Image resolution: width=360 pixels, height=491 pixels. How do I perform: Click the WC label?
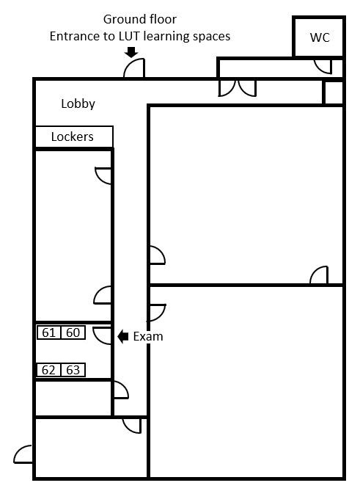[320, 37]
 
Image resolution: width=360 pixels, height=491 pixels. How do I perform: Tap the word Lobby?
[78, 104]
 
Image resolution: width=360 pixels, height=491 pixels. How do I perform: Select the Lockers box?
[73, 137]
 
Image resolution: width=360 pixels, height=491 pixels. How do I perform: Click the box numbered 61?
[49, 332]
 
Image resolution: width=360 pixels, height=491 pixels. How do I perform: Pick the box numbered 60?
[73, 332]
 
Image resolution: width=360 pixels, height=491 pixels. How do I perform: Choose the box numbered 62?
[49, 370]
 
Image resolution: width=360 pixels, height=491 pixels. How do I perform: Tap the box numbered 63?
[73, 370]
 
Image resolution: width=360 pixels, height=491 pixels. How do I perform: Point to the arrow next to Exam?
[122, 337]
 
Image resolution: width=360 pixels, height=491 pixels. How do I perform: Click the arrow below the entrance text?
[131, 52]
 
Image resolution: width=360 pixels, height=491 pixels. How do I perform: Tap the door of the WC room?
[322, 66]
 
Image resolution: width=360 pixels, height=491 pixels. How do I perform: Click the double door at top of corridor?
[238, 87]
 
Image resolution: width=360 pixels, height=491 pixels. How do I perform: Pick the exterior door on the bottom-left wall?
[24, 454]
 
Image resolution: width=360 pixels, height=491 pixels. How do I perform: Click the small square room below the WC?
[334, 92]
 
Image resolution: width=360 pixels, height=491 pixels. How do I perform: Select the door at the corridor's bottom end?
[132, 425]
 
